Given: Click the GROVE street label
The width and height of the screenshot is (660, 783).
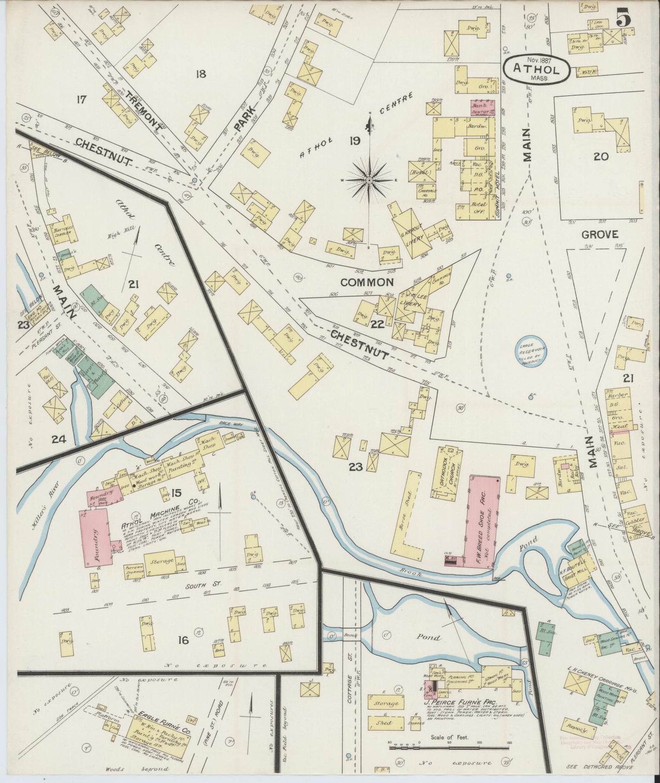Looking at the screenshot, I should pyautogui.click(x=600, y=235).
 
